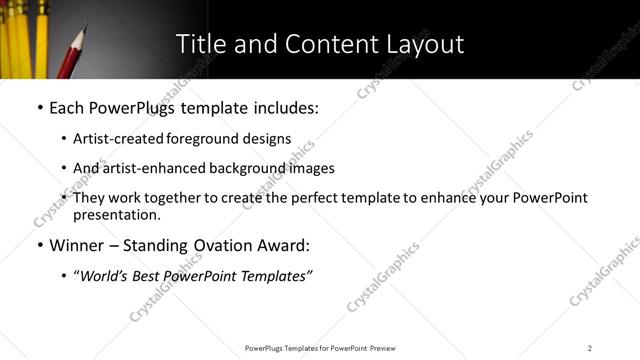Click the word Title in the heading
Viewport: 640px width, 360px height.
pyautogui.click(x=201, y=45)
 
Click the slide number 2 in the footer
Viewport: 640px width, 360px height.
pyautogui.click(x=590, y=348)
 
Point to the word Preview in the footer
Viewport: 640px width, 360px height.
pyautogui.click(x=389, y=348)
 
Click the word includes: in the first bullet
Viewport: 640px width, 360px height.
pyautogui.click(x=278, y=106)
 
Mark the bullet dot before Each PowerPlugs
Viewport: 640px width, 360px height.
pyautogui.click(x=39, y=107)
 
